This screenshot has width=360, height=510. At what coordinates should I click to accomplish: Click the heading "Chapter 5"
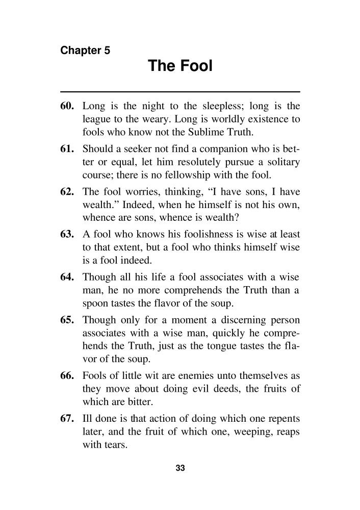pos(85,50)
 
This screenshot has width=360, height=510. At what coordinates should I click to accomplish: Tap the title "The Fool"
pos(179,66)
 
